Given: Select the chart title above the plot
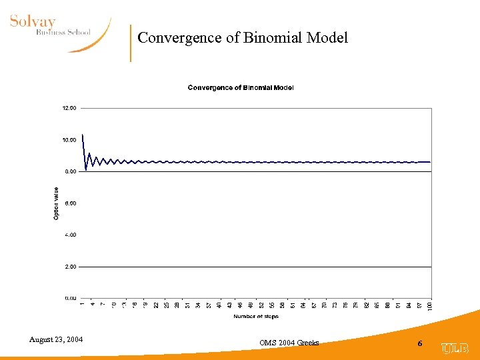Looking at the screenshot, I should [241, 87].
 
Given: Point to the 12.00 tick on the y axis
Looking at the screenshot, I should [70, 108].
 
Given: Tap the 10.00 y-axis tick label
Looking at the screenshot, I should [70, 140].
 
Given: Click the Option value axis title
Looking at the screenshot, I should [56, 203].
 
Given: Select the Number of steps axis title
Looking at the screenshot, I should [256, 316].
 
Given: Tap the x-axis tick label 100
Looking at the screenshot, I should [429, 305].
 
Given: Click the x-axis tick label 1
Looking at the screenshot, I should [82, 304].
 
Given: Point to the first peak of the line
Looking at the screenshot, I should [83, 135].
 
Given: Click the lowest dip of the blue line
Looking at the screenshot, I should [86, 169].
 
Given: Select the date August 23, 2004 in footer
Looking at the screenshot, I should [56, 340].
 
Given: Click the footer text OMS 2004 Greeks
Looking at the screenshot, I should [289, 343].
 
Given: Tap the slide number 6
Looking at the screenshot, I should [420, 343].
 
